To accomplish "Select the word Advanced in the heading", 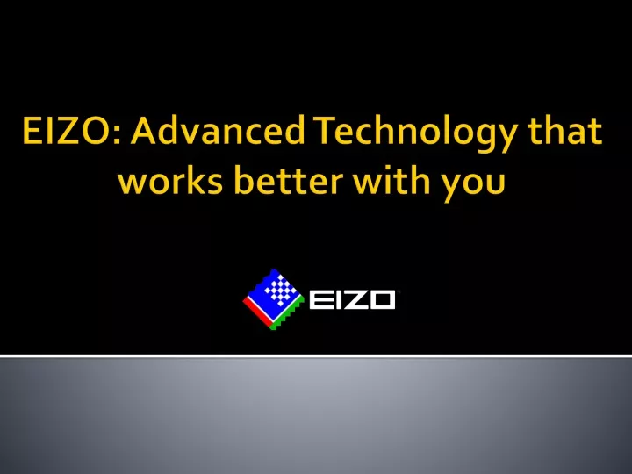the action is (x=218, y=130).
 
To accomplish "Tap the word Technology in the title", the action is (x=416, y=133).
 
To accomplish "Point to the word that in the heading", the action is (x=565, y=130).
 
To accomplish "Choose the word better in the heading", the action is (x=288, y=180).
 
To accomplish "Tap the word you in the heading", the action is (x=472, y=184).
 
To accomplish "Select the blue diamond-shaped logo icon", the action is (x=273, y=299).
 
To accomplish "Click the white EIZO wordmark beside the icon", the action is (x=352, y=299).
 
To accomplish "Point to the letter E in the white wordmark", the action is (x=320, y=299).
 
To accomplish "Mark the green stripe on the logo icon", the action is (x=287, y=316).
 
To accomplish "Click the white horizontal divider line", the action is (x=316, y=355).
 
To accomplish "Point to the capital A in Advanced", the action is (x=142, y=131).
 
